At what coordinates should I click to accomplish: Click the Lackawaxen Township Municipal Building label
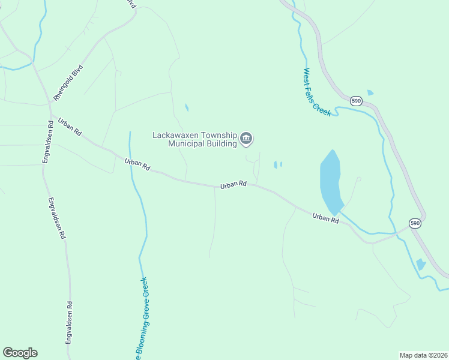194,139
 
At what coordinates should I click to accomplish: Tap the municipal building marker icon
246,139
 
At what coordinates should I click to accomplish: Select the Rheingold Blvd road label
67,82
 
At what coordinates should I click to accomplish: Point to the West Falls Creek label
316,92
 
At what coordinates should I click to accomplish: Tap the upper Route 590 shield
357,100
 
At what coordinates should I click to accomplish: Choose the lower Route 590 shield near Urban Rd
415,223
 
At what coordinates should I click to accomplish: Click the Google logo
20,353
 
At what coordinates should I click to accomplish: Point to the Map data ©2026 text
423,355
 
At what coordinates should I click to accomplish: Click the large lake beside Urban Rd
331,179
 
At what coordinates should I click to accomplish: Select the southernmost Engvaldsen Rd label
70,322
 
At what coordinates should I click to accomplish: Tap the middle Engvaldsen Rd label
56,218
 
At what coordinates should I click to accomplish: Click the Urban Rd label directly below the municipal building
234,185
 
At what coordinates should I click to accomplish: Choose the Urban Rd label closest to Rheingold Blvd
70,126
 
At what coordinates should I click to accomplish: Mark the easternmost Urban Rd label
325,217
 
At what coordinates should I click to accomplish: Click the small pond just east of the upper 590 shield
370,92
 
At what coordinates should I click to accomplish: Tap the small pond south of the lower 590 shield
421,263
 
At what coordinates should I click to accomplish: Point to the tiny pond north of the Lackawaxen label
187,108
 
